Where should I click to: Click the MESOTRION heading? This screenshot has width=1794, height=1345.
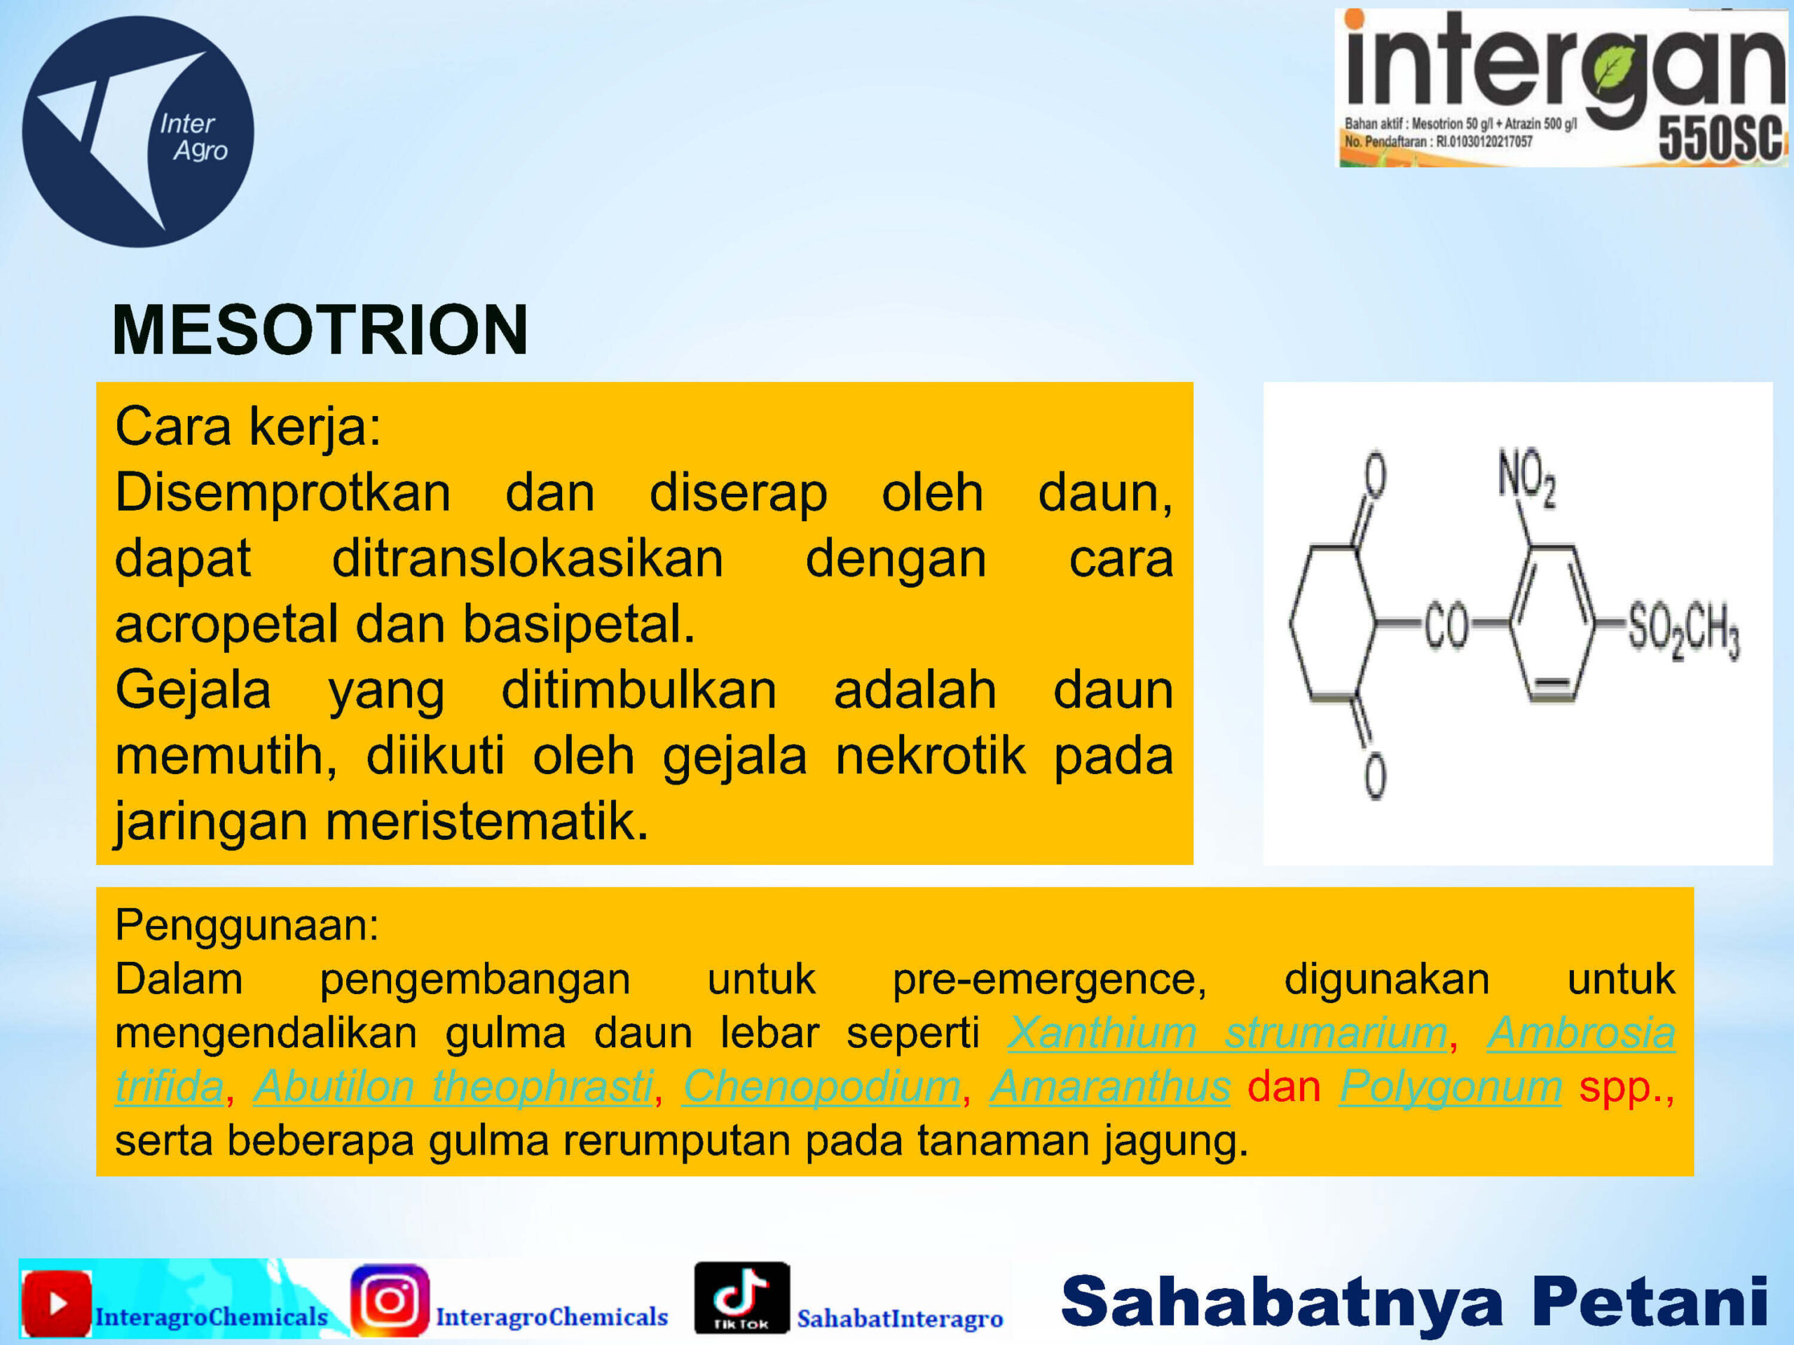(x=320, y=330)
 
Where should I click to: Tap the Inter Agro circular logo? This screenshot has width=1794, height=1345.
(x=138, y=131)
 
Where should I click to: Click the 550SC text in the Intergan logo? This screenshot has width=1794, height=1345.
(x=1720, y=138)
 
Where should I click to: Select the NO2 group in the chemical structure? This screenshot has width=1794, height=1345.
(x=1526, y=477)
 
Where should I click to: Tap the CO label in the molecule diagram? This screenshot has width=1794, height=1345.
(x=1446, y=627)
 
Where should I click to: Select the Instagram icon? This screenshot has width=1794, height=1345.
(x=390, y=1299)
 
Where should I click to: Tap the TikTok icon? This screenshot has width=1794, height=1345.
(x=741, y=1297)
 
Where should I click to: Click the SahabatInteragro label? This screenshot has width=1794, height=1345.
(x=901, y=1318)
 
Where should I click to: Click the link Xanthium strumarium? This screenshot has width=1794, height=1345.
(x=1228, y=1033)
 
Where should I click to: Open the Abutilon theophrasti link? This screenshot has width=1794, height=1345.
(x=453, y=1087)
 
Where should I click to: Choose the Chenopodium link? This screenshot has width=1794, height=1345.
(x=821, y=1087)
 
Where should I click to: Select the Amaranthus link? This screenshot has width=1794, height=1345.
(x=1110, y=1087)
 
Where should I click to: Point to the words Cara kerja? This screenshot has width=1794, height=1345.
(x=248, y=427)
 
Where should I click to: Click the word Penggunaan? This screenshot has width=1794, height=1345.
(x=247, y=926)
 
